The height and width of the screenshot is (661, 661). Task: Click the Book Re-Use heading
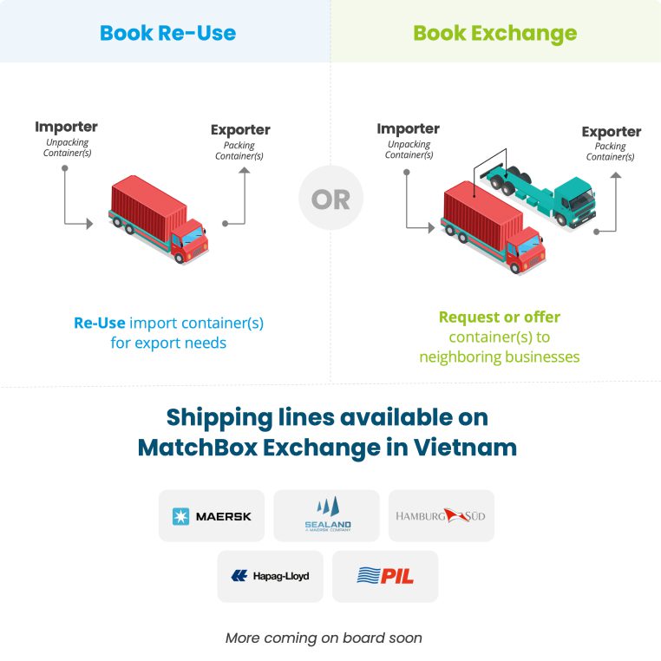167,33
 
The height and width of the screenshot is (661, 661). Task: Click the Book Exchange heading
495,34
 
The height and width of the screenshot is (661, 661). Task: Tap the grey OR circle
330,198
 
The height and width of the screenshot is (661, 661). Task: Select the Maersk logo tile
212,515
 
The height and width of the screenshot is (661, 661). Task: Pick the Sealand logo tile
327,515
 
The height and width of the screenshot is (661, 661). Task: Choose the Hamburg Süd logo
441,515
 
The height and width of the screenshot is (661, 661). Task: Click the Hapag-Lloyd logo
271,576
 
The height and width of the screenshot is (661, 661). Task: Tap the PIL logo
385,576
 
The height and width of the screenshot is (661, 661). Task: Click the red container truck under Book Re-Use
159,219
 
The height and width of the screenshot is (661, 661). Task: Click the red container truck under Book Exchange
494,226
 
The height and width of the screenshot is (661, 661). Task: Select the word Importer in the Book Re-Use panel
66,127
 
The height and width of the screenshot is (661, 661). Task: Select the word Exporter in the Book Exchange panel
612,132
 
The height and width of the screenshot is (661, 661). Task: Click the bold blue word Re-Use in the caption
100,323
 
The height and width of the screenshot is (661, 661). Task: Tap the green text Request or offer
500,317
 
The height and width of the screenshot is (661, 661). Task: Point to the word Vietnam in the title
465,448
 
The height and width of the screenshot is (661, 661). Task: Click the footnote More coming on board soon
324,638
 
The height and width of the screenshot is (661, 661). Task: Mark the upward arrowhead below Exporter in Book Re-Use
245,170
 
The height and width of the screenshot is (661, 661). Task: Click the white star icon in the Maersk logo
180,516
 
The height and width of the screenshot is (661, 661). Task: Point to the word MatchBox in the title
197,448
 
